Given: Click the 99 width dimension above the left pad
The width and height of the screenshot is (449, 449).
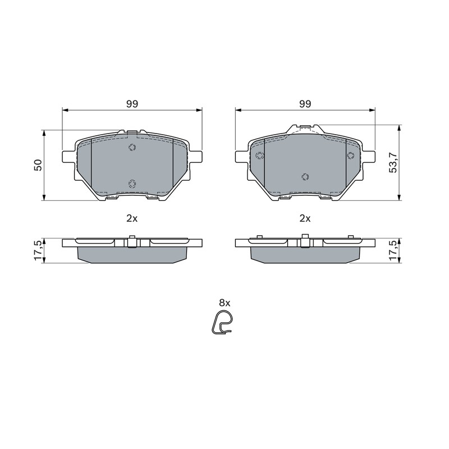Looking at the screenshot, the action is pos(132,104).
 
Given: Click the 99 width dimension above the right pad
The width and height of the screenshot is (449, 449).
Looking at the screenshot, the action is pos(305,104).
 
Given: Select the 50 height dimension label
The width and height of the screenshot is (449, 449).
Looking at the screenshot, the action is pos(38,165).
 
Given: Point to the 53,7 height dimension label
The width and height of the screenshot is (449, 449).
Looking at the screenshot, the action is pos(393,162).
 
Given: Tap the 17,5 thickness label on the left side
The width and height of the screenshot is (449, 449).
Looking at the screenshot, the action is pos(38,250).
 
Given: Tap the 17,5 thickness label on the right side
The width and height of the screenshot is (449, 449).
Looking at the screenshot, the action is pos(393,250).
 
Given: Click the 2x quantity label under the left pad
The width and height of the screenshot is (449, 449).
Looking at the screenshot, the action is pos(132,219).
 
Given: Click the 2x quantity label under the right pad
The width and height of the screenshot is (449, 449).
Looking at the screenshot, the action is pos(305,219).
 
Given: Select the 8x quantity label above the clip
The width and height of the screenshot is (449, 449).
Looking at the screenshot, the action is pos(224,303).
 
